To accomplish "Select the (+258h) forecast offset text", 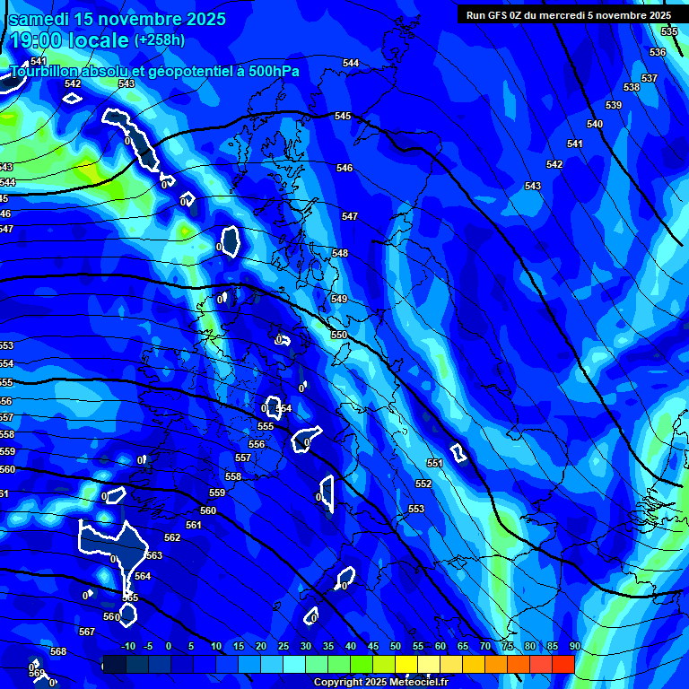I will [x=160, y=40].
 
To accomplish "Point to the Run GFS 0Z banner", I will [x=568, y=15].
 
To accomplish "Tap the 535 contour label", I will [x=669, y=31].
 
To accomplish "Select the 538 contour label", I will [x=632, y=87].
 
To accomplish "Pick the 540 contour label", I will [x=595, y=124].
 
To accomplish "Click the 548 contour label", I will [x=340, y=254].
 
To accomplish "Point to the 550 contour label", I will [x=339, y=335].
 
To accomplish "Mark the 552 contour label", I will [x=423, y=484].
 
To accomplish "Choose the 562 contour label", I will [x=172, y=537].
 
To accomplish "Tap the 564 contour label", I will [x=143, y=576].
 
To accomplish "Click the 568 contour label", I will [x=58, y=651].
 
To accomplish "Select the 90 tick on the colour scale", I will [x=574, y=647].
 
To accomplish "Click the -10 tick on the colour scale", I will [x=127, y=647].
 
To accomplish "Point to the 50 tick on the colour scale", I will [x=396, y=647].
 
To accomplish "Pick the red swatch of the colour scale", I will [x=563, y=664].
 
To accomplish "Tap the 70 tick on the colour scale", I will [x=485, y=647].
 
